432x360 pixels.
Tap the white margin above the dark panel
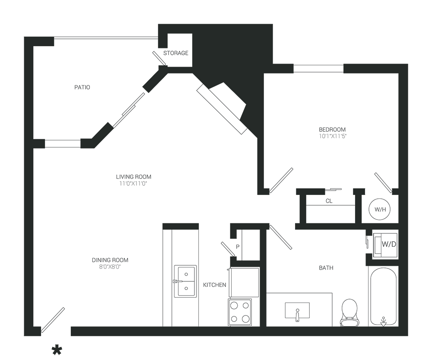pos(216,11)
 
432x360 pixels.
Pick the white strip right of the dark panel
pos(420,182)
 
